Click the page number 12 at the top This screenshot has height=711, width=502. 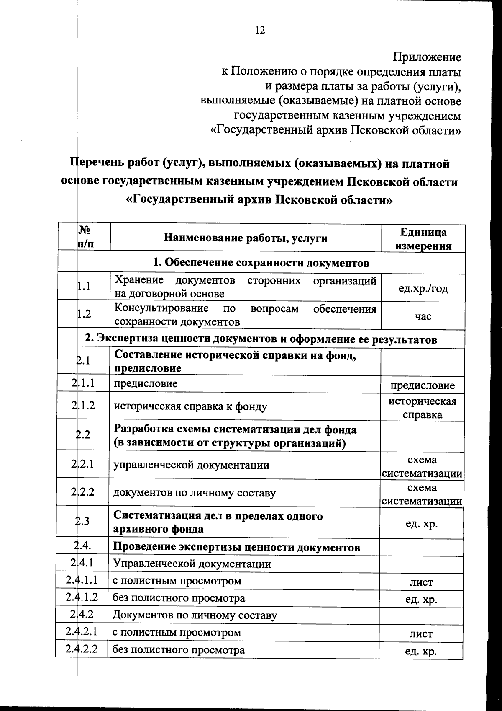[260, 30]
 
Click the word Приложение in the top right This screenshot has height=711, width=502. [427, 57]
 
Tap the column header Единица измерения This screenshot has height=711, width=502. [423, 239]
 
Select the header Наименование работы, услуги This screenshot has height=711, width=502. [246, 238]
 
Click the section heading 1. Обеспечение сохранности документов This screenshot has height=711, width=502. [261, 263]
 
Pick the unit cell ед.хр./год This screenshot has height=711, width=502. [423, 288]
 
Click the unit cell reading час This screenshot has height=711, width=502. [423, 316]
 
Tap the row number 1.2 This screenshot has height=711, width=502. [84, 314]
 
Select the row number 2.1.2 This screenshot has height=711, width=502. [83, 405]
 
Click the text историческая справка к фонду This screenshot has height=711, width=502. [190, 406]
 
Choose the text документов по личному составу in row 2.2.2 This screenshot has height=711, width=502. [195, 493]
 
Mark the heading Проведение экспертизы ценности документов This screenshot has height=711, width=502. [236, 547]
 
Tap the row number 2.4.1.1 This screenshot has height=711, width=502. [82, 580]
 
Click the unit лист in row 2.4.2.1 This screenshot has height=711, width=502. [421, 634]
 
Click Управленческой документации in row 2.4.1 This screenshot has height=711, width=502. [192, 564]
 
